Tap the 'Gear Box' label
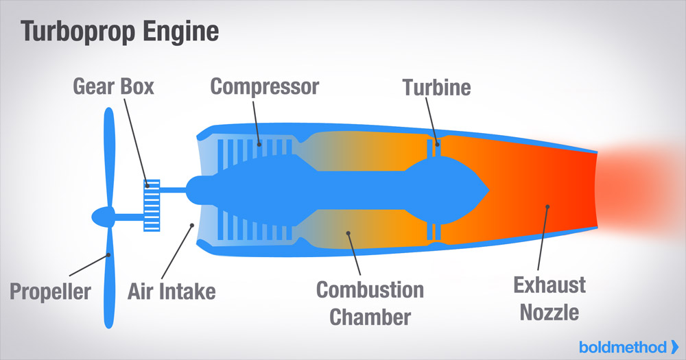coord(114,87)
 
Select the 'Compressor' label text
coord(265,87)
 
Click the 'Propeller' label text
coord(50,291)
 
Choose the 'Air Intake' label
coord(171,291)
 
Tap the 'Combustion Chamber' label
coord(370,303)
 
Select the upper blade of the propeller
coord(107,154)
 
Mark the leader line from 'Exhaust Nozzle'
coord(542,240)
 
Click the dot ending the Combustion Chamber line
coord(348,232)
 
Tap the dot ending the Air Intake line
coord(193,225)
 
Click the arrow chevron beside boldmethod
coord(675,346)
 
